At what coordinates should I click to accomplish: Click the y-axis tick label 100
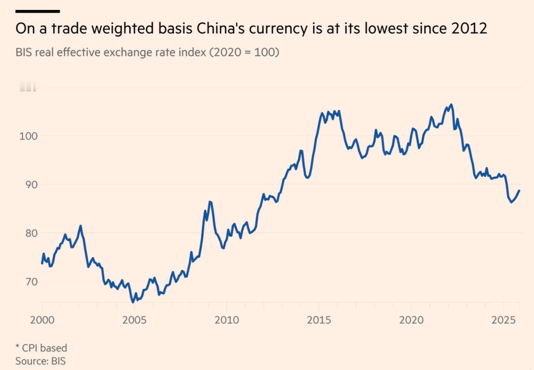pyautogui.click(x=28, y=136)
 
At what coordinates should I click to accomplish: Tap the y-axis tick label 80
pyautogui.click(x=32, y=233)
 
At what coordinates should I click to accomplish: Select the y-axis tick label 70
pyautogui.click(x=32, y=282)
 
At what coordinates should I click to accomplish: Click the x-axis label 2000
pyautogui.click(x=42, y=320)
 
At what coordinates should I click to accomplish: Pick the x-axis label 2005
pyautogui.click(x=134, y=320)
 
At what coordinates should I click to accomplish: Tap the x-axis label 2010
pyautogui.click(x=227, y=320)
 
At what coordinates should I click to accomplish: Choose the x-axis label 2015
pyautogui.click(x=319, y=320)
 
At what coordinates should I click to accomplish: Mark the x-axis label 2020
pyautogui.click(x=411, y=320)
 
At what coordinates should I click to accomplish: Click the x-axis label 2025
pyautogui.click(x=504, y=320)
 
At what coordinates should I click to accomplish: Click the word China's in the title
pyautogui.click(x=221, y=29)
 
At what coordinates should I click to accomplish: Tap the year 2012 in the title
pyautogui.click(x=469, y=29)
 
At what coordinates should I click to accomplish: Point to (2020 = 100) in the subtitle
pyautogui.click(x=244, y=52)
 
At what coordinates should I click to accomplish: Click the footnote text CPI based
pyautogui.click(x=44, y=348)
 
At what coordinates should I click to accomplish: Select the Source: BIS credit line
pyautogui.click(x=41, y=361)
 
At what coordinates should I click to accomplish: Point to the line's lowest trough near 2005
pyautogui.click(x=133, y=302)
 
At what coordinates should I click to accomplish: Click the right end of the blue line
pyautogui.click(x=519, y=190)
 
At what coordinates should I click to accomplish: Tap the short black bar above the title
pyautogui.click(x=38, y=11)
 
